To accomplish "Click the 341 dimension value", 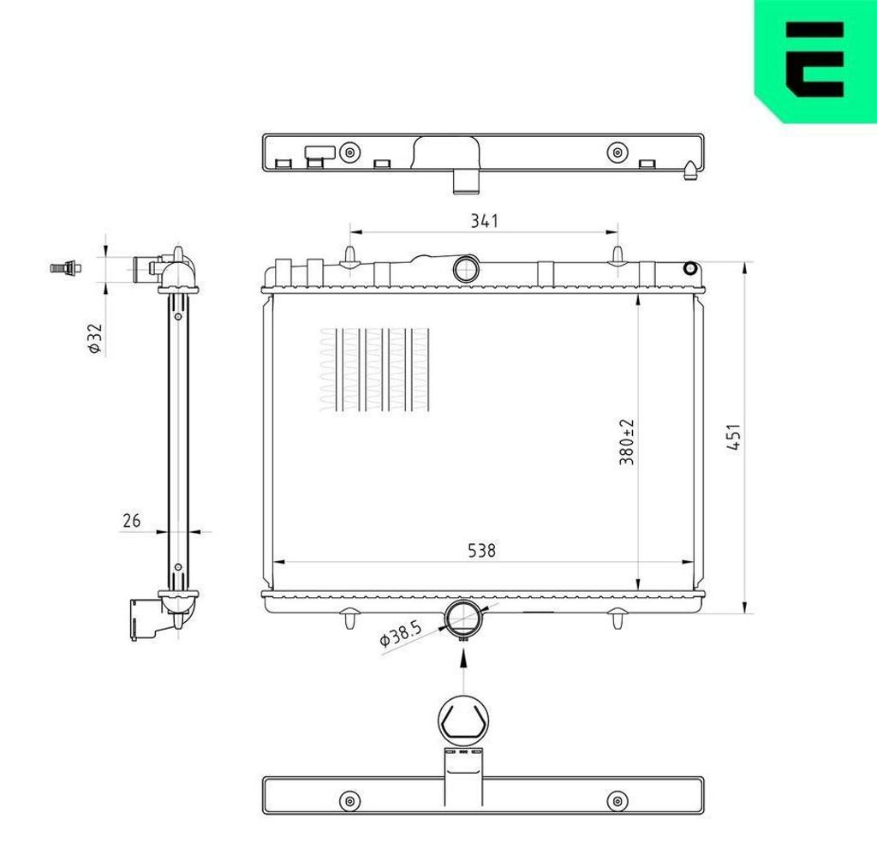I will (x=484, y=221).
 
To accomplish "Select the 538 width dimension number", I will (x=482, y=551).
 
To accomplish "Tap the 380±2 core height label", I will (x=627, y=442).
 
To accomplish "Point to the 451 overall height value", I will (x=734, y=437).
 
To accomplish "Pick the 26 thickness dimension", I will (x=132, y=520).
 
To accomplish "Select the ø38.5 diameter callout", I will (x=401, y=635).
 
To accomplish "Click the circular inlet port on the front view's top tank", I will (x=467, y=268).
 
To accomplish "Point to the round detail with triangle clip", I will (x=463, y=720).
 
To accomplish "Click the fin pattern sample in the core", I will (x=373, y=369).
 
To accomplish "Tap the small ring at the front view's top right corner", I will (x=690, y=269).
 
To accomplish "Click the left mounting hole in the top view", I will (x=348, y=152).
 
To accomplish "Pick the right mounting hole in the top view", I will (x=615, y=152).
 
